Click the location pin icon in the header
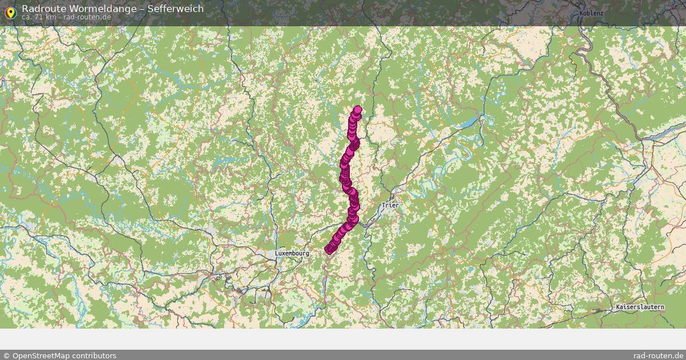(10, 11)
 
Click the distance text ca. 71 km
(38, 17)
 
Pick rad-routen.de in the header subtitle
(87, 17)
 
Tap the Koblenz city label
(591, 13)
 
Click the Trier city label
(391, 205)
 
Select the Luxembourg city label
(292, 253)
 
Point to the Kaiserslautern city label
(640, 307)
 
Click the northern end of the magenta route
(358, 110)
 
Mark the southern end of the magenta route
(329, 249)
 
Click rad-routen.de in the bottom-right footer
(659, 355)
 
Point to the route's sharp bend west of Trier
(354, 219)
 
